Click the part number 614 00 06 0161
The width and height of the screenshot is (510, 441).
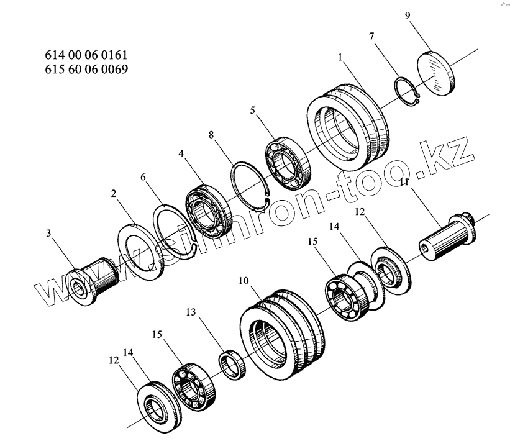[86, 55]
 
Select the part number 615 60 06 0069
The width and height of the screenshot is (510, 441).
[86, 69]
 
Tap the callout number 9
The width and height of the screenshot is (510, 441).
[408, 16]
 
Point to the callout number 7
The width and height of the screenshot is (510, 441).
[371, 36]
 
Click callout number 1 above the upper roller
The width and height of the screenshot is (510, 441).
[340, 57]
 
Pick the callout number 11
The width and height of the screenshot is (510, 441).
[404, 182]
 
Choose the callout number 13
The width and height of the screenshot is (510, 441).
[191, 312]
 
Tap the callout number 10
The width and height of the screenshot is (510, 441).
[244, 281]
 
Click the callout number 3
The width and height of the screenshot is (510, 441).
[48, 233]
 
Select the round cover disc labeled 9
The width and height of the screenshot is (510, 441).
[435, 73]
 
